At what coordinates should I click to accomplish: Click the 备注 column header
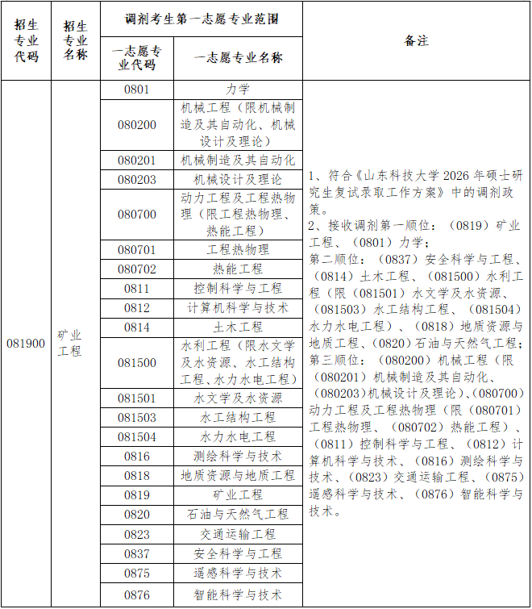pos(417,41)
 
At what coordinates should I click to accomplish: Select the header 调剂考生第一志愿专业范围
pos(202,18)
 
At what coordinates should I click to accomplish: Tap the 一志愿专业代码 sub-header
pos(136,58)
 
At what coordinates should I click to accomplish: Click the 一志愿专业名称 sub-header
pos(238,58)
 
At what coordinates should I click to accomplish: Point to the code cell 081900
pos(26,344)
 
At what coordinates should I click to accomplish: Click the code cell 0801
pos(136,90)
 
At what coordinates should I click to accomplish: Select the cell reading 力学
pos(238,90)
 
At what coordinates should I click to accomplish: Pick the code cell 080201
pos(136,161)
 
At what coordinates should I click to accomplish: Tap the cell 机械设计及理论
pos(238,180)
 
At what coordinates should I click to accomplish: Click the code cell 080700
pos(136,215)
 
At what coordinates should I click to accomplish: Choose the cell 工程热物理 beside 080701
pos(238,250)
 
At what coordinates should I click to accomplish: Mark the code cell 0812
pos(136,308)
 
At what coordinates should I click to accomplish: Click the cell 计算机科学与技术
pos(238,308)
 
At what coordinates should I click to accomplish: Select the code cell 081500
pos(136,363)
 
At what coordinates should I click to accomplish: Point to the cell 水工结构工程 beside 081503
pos(238,418)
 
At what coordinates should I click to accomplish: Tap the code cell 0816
pos(136,457)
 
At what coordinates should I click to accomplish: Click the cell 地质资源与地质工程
pos(238,476)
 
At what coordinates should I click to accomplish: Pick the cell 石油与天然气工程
pos(238,515)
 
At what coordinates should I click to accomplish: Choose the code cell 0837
pos(136,553)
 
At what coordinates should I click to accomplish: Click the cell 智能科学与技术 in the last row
pos(238,595)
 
